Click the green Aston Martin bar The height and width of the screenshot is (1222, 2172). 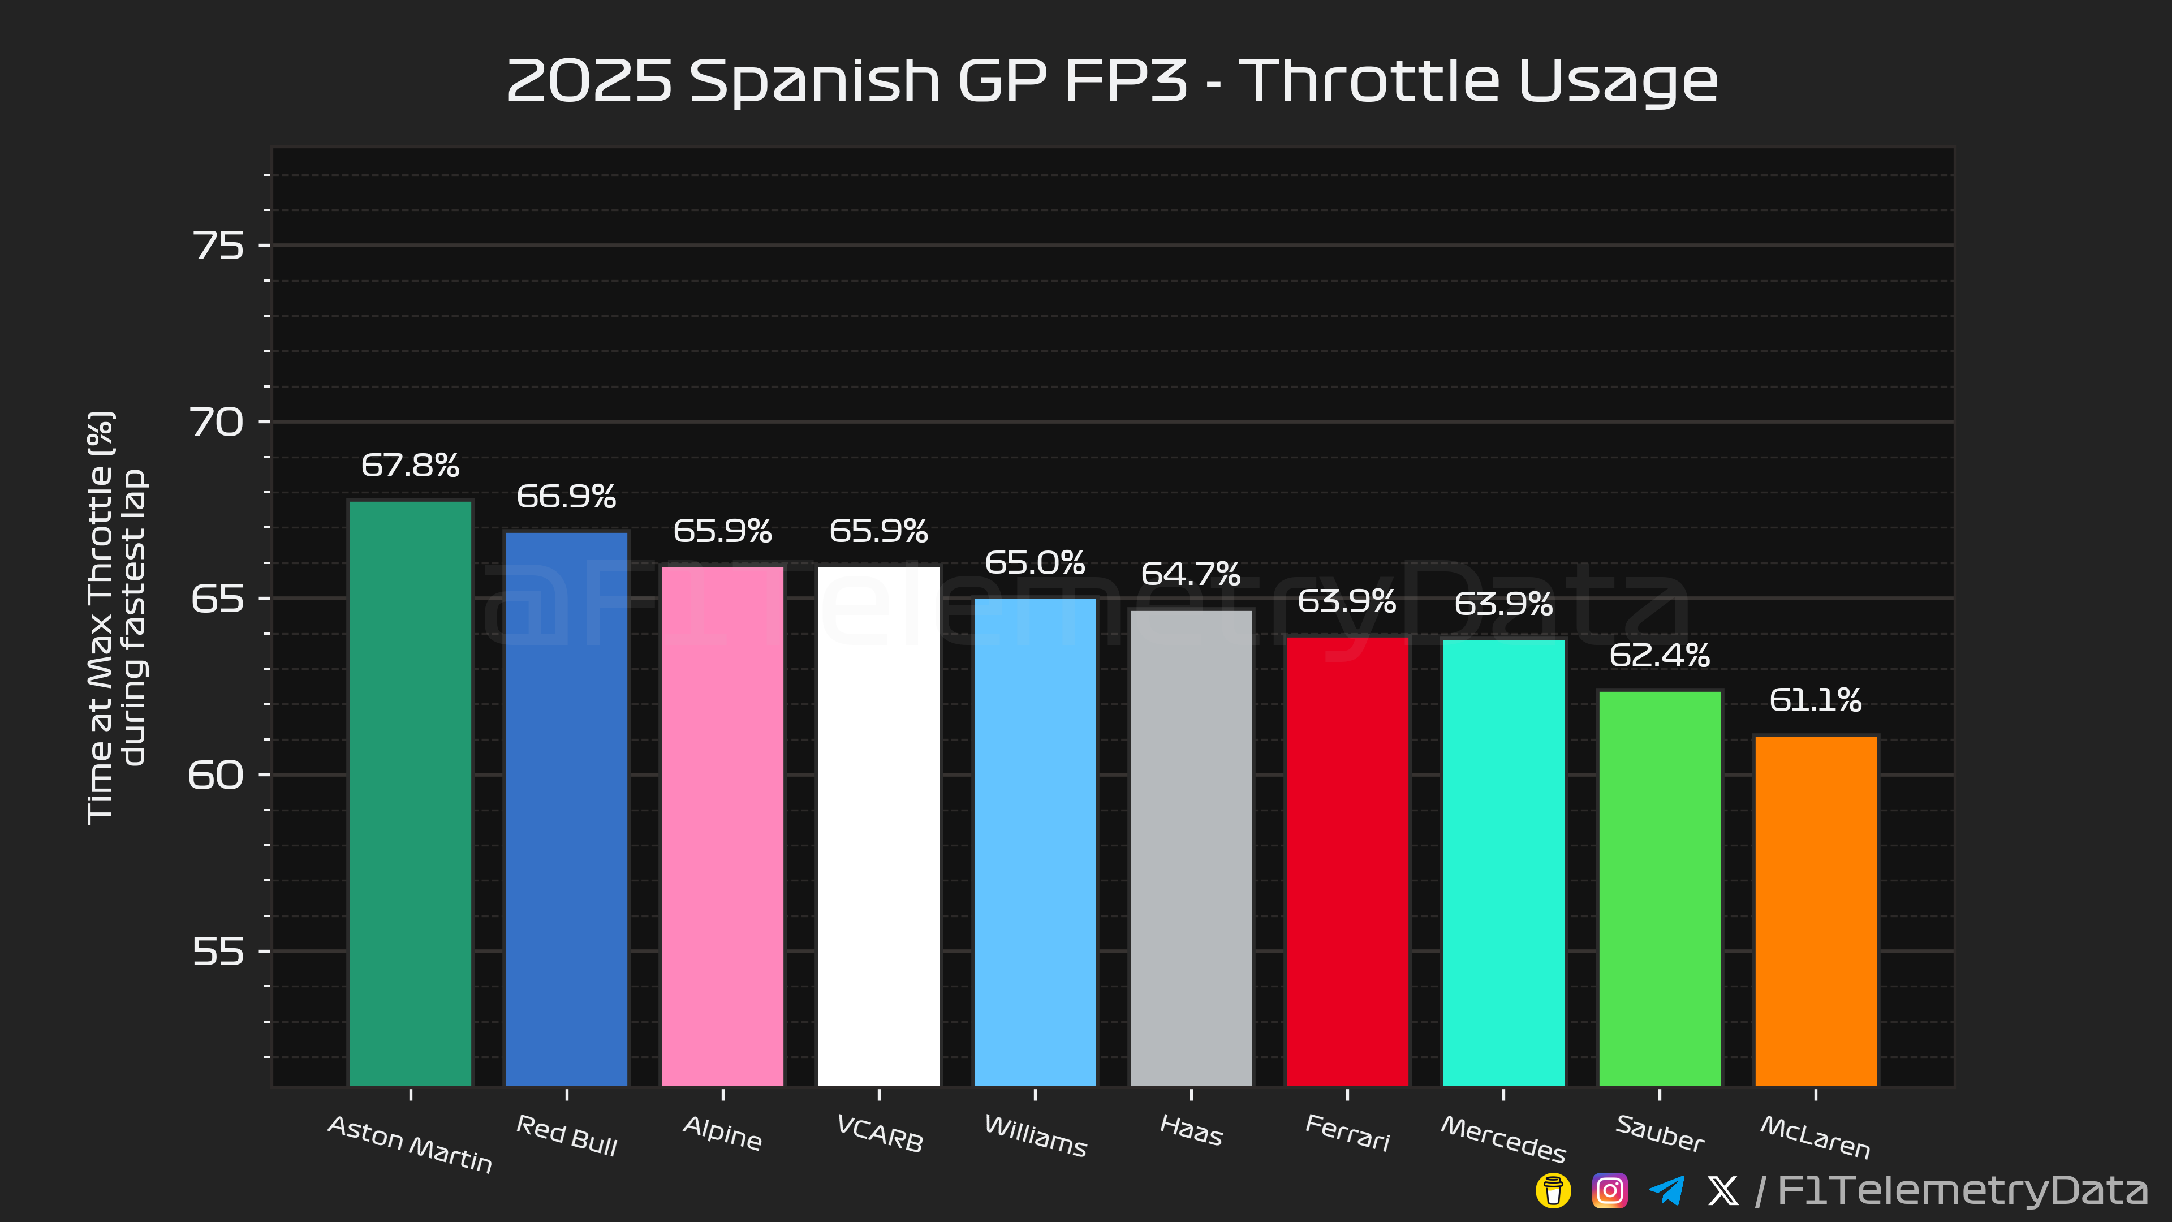[x=411, y=793]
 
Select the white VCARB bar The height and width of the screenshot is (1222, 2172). [x=878, y=827]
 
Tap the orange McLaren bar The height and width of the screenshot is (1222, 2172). [x=1815, y=911]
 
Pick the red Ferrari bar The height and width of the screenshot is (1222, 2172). [x=1347, y=860]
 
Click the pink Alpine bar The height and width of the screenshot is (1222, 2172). [x=723, y=827]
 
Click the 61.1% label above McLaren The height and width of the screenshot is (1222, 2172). [x=1815, y=700]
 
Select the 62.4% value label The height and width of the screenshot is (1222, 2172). [x=1660, y=655]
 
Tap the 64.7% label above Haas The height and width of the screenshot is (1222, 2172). [x=1191, y=574]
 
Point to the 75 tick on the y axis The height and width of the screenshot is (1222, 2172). [x=218, y=246]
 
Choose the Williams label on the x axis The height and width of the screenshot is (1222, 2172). [x=1036, y=1136]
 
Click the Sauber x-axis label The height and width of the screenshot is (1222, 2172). [x=1660, y=1133]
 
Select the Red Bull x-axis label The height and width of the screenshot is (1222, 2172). [x=567, y=1135]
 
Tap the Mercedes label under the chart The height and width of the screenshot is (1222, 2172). [x=1503, y=1138]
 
